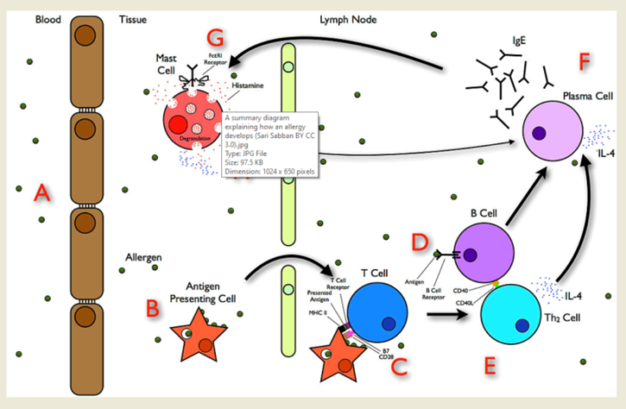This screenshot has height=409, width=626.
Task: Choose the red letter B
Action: tap(152, 308)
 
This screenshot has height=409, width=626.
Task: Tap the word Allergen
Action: tap(143, 258)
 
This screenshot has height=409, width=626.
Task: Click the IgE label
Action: tap(519, 40)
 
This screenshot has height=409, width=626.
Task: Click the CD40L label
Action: tap(465, 302)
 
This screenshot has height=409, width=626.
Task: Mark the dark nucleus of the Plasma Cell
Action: tap(539, 135)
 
